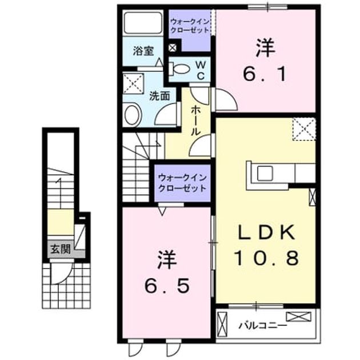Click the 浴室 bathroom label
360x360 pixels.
[143, 51]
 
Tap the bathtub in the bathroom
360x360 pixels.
[143, 22]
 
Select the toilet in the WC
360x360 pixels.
[179, 68]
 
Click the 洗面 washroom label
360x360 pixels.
[159, 96]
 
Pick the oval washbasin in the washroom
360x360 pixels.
[133, 115]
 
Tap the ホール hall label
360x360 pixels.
[196, 121]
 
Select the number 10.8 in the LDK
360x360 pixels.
[266, 258]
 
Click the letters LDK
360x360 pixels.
[266, 232]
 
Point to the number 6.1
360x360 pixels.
[265, 74]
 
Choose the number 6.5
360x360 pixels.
[167, 285]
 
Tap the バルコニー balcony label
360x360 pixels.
[263, 326]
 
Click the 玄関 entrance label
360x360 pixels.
[61, 249]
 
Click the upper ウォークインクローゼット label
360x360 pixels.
[190, 26]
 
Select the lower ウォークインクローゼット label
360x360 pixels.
[182, 183]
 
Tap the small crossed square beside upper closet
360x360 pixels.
[172, 48]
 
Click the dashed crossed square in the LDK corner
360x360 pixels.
[304, 129]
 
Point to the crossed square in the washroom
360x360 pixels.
[133, 83]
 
